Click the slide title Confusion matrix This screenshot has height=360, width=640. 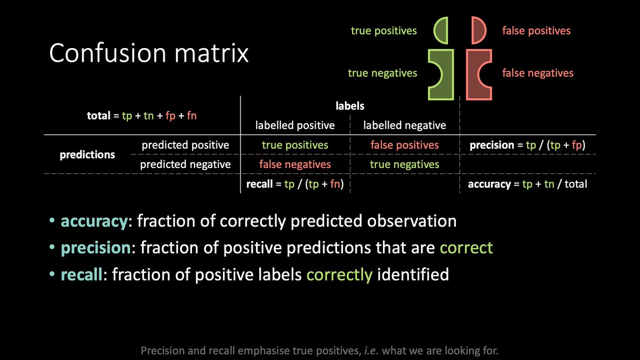(x=149, y=54)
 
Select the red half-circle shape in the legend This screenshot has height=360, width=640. (x=477, y=30)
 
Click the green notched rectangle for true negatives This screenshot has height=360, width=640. (x=438, y=75)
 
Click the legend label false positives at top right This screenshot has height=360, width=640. (x=536, y=31)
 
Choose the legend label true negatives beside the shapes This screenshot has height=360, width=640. (x=382, y=73)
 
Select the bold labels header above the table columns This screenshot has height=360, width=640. (x=350, y=107)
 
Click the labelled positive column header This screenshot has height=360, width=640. (x=295, y=126)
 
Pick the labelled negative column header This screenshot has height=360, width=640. (x=404, y=126)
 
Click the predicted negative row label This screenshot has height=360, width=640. (x=185, y=164)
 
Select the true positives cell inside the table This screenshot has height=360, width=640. (x=295, y=145)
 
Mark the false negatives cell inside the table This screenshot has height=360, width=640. (x=295, y=164)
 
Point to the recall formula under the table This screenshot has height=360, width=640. (x=295, y=185)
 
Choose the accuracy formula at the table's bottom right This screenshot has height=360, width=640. (x=527, y=185)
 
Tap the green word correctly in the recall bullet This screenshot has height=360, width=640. (x=340, y=275)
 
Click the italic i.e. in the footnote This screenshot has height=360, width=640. (x=395, y=351)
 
